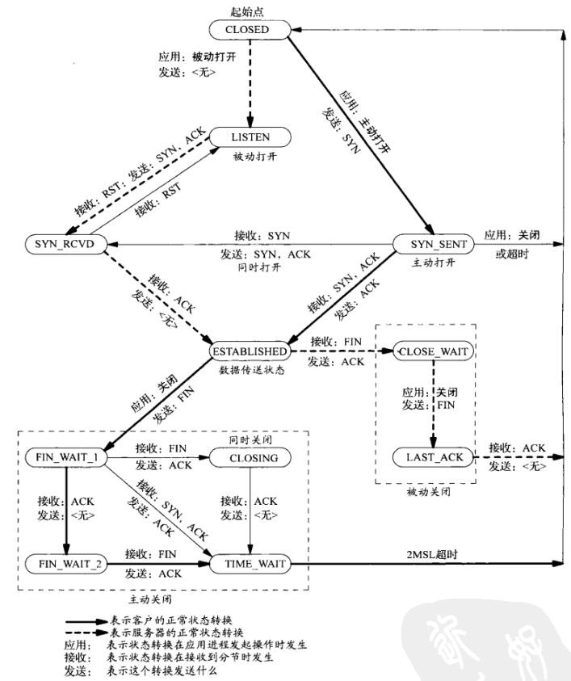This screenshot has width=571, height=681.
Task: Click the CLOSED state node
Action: pos(250,31)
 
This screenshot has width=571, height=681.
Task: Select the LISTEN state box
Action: pos(250,137)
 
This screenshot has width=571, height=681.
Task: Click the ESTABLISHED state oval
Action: pos(250,352)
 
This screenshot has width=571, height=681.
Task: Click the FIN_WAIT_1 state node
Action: pos(66,458)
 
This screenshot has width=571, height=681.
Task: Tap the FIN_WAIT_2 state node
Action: pos(66,563)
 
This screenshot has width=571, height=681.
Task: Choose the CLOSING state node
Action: pos(250,458)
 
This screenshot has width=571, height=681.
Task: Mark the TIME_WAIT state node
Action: pos(250,563)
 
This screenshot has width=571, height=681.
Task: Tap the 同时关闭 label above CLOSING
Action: pos(250,439)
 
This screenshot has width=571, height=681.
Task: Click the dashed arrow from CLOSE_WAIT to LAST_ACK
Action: pos(435,404)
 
